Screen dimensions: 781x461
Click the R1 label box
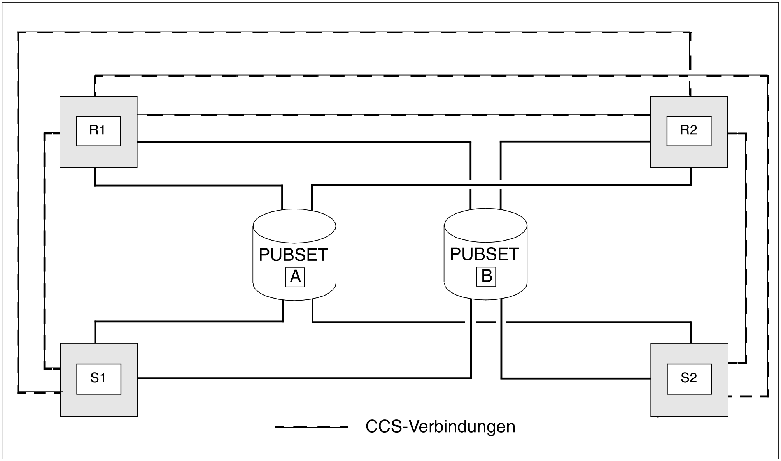click(x=98, y=131)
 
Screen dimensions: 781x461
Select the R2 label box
click(x=689, y=131)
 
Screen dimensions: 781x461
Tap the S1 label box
click(x=98, y=379)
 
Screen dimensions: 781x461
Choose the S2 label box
click(x=689, y=379)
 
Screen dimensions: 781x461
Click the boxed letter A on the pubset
click(x=295, y=277)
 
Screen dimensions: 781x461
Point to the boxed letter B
click(x=486, y=276)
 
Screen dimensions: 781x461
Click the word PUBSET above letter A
click(x=294, y=255)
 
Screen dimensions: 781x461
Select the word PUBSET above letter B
click(x=485, y=254)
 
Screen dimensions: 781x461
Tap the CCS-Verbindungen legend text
click(x=440, y=427)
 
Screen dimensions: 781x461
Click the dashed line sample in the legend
click(x=312, y=427)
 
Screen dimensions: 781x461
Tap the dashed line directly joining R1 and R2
click(x=394, y=115)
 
